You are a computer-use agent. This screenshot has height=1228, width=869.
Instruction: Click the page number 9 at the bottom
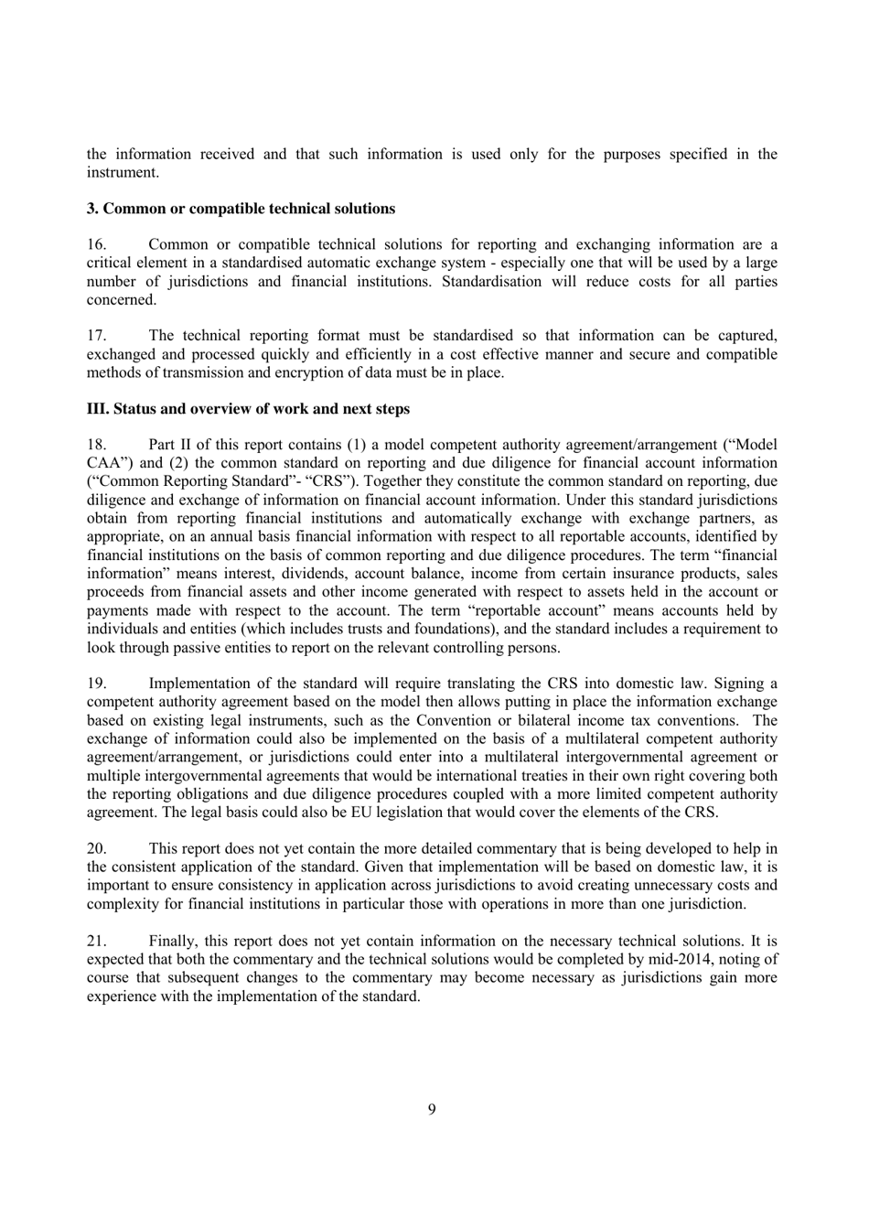tap(432, 1110)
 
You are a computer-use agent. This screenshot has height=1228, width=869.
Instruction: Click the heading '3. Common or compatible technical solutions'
tap(241, 209)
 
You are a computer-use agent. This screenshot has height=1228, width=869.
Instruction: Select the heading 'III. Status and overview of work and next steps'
tap(248, 409)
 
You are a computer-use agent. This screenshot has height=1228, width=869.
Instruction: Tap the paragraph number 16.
tap(97, 244)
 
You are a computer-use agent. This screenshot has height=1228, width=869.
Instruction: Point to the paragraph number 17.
tap(97, 336)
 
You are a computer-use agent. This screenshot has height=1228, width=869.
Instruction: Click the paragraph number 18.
tap(97, 445)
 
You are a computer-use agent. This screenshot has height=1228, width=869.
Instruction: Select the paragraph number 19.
tap(97, 684)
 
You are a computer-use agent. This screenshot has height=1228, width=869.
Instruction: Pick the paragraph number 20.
tap(97, 849)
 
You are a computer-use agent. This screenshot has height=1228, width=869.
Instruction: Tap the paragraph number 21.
tap(97, 941)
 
